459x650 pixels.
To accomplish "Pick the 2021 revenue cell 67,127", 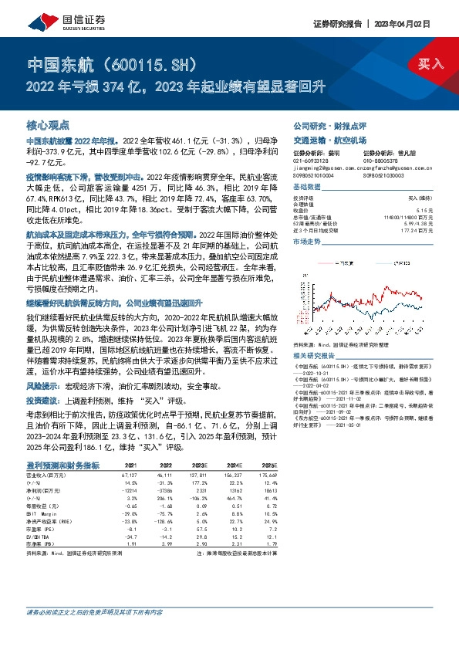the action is point(127,476).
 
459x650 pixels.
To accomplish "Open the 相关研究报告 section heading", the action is point(317,333).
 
